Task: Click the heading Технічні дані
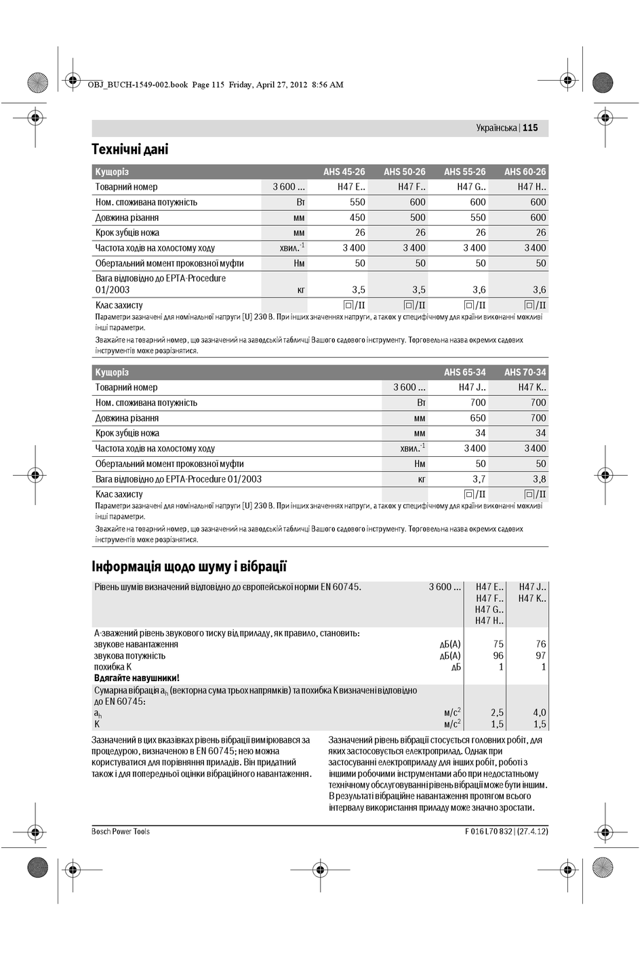[130, 149]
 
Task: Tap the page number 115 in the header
[530, 127]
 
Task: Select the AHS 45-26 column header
[344, 171]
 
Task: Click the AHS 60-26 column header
[525, 171]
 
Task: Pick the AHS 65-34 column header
[464, 372]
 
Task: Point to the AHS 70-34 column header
[525, 372]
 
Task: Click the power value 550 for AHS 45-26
[357, 202]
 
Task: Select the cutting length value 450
[357, 218]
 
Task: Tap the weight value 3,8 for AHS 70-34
[539, 479]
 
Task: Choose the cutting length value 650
[478, 418]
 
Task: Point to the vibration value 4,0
[539, 712]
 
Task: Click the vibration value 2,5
[497, 712]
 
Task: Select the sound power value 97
[540, 655]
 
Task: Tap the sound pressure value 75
[498, 645]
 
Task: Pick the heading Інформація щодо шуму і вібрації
[189, 567]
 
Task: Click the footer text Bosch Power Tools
[121, 832]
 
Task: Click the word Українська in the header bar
[496, 127]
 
